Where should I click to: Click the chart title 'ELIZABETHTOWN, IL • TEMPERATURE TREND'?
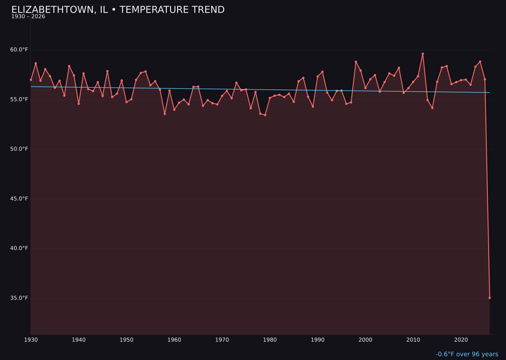(x=118, y=10)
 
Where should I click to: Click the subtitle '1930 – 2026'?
(x=28, y=17)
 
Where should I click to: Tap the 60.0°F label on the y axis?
(x=19, y=50)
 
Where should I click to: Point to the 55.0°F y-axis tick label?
(x=19, y=99)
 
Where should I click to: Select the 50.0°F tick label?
(x=19, y=149)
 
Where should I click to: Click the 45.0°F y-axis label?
(x=19, y=199)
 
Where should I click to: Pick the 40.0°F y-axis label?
(x=19, y=248)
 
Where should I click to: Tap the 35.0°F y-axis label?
(x=19, y=298)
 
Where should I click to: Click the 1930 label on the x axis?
(x=31, y=340)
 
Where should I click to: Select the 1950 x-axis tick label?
(x=126, y=340)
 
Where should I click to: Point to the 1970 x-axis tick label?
(x=222, y=340)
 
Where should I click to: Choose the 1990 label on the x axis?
(x=318, y=340)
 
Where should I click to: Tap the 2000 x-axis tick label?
(x=365, y=340)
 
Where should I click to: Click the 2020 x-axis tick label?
(x=461, y=340)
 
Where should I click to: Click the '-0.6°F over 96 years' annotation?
(x=467, y=354)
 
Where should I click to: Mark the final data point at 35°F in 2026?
(x=490, y=298)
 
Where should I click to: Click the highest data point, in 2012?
(x=423, y=54)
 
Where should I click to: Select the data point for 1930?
(x=31, y=80)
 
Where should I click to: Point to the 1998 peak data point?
(x=356, y=62)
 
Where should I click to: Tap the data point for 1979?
(x=265, y=115)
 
